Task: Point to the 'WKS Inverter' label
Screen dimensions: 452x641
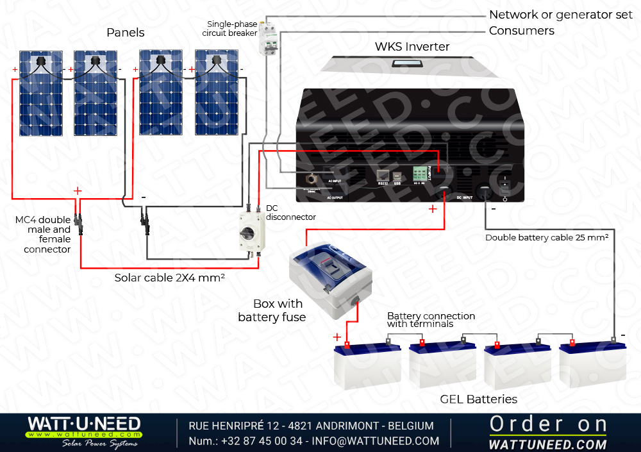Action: click(x=412, y=47)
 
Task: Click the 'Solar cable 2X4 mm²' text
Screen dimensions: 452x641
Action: click(x=169, y=278)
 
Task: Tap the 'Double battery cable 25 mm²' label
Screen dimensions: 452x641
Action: click(x=546, y=238)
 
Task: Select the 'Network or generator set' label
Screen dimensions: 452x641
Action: click(x=560, y=15)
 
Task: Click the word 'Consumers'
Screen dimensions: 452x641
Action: click(x=521, y=31)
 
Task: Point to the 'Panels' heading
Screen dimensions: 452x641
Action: click(x=126, y=33)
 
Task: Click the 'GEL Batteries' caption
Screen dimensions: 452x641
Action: click(x=478, y=399)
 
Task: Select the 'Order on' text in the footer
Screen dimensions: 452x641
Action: click(x=548, y=424)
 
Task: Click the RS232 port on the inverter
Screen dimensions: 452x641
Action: click(x=383, y=176)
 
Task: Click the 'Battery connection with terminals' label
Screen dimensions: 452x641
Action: click(x=431, y=320)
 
